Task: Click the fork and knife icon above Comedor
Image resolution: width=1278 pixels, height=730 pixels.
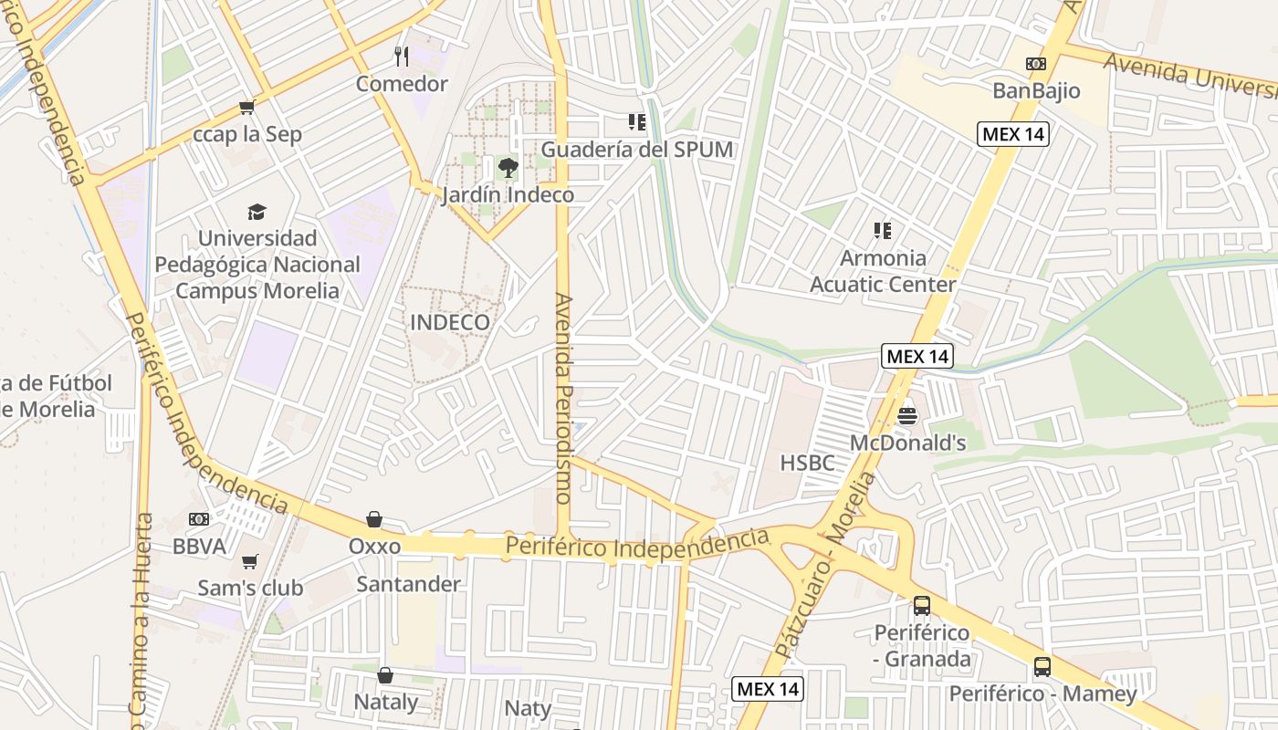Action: click(x=402, y=57)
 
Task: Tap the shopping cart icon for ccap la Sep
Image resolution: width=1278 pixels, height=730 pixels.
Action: click(x=246, y=108)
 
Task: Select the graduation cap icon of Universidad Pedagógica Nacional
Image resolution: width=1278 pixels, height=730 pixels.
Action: click(x=257, y=212)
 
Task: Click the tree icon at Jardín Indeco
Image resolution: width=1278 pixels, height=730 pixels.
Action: click(x=508, y=168)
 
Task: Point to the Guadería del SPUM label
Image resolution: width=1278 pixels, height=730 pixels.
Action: click(x=637, y=149)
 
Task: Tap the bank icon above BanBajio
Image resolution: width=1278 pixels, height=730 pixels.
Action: click(x=1035, y=64)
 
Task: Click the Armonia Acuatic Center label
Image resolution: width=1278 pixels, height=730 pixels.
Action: click(x=883, y=271)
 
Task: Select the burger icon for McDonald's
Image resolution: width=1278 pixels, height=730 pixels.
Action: click(x=907, y=416)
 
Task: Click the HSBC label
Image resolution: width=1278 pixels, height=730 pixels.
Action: click(x=808, y=463)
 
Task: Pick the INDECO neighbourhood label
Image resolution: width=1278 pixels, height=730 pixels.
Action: click(x=450, y=322)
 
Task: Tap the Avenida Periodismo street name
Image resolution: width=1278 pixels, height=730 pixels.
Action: click(x=563, y=398)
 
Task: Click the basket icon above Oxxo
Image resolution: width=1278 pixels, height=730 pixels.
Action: click(x=374, y=520)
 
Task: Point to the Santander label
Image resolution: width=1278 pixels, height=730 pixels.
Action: click(x=408, y=584)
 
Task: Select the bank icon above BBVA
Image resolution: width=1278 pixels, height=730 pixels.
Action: click(x=199, y=519)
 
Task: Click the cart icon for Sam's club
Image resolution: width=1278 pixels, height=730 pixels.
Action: click(x=250, y=560)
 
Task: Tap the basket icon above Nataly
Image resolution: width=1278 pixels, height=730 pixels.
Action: click(x=385, y=675)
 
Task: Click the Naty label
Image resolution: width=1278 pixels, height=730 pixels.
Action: click(x=528, y=708)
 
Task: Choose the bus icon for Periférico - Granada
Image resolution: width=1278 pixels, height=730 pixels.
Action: click(x=922, y=606)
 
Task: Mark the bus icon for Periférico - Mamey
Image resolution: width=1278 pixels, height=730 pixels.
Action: click(x=1042, y=667)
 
